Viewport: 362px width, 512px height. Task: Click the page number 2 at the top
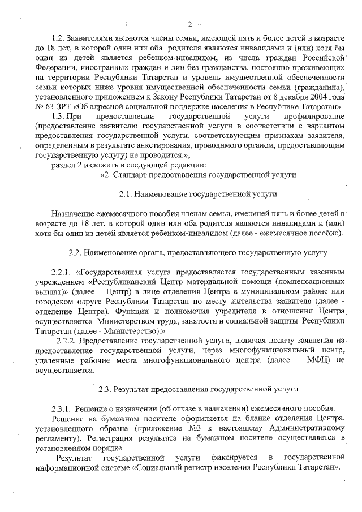pos(191,24)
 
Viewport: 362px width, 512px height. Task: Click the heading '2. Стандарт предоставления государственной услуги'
pos(199,175)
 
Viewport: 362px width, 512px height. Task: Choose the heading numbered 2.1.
pos(197,193)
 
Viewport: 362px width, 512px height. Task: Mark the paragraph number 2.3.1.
pos(62,408)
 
